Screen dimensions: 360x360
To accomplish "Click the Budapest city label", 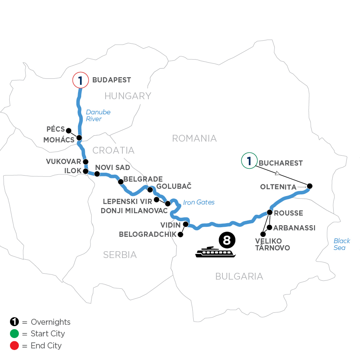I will coord(112,80).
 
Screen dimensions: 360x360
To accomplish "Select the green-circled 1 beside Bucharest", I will coord(249,161).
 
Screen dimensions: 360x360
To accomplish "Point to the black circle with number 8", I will coord(227,240).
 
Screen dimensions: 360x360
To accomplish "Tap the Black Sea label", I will coord(342,244).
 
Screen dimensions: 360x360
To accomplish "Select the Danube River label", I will coord(98,116).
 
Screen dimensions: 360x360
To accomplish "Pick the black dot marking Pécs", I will coord(68,130).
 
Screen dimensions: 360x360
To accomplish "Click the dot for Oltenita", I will coord(309,186).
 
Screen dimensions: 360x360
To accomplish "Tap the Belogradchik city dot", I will coord(180,235).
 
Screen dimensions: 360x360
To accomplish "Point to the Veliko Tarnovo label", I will coord(272,244).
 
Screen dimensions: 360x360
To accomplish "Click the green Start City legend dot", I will coord(14,334).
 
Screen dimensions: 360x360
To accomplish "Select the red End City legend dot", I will coord(14,346).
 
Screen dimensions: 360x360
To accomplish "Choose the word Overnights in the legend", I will coord(50,322).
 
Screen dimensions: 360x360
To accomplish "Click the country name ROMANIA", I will coord(194,138).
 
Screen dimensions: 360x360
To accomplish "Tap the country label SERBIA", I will coord(120,254).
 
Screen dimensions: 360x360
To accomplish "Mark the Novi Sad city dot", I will coord(96,174).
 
